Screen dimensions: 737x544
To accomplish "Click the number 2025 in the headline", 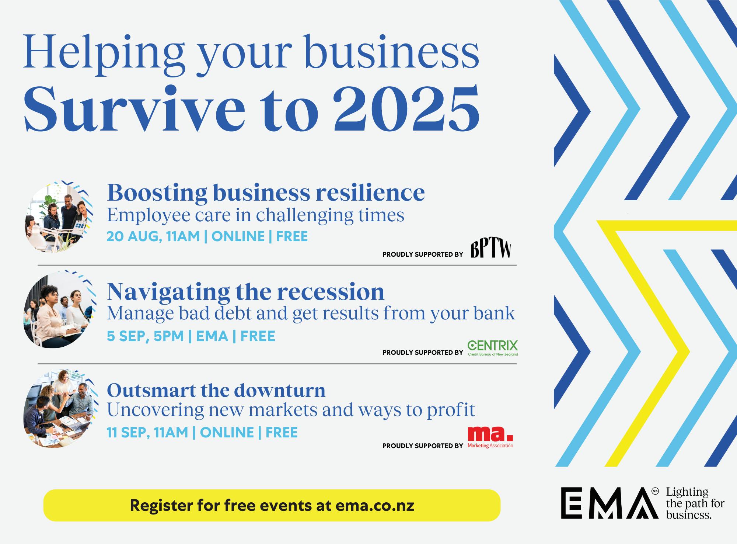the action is coord(407,109).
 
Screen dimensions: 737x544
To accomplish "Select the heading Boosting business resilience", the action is coord(266,192).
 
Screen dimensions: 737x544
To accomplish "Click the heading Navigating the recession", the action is coord(245,292).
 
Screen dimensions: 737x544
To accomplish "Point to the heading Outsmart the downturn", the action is coord(216,390).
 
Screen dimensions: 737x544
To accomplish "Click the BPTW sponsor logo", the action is coord(491,250).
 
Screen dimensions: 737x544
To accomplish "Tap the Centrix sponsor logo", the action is coord(492,348).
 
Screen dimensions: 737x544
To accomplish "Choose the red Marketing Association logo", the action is coord(490,437).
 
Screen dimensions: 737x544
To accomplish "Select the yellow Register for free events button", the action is coord(272,505).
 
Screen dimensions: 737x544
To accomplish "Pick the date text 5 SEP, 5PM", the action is coord(145,336).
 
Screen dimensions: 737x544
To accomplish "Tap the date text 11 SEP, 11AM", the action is coord(147,432).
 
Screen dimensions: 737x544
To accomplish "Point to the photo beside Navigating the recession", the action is coord(58,311).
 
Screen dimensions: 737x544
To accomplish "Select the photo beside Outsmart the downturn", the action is coord(58,409).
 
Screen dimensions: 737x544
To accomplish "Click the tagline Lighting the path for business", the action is coord(695,503).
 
